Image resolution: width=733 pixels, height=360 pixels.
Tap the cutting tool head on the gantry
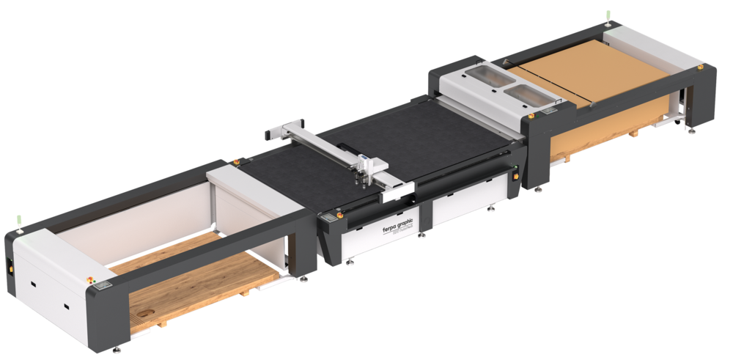coord(364,169)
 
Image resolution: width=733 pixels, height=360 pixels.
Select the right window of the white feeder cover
coord(526,92)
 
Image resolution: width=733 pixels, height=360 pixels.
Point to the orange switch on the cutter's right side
coord(516,175)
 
